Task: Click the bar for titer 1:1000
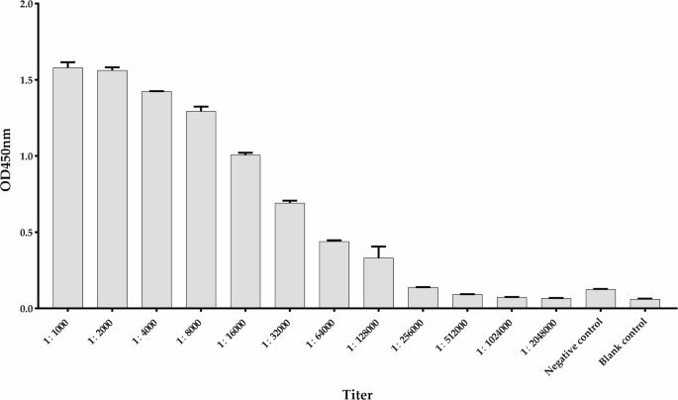(x=67, y=188)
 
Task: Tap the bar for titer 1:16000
(x=245, y=232)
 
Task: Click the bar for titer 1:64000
(x=335, y=274)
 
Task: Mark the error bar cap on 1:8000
(x=201, y=107)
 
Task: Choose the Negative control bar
(x=601, y=298)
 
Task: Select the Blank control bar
(x=644, y=303)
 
